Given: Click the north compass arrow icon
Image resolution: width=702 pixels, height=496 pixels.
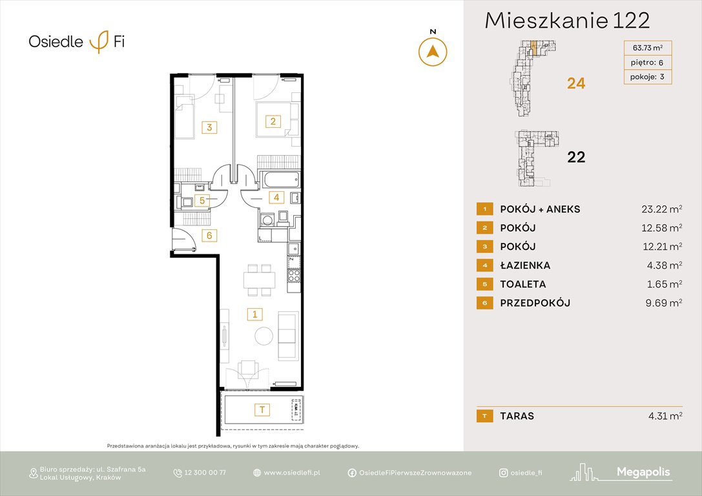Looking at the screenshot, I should coord(433,52).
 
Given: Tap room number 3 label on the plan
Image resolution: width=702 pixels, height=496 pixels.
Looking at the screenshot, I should coord(209,127).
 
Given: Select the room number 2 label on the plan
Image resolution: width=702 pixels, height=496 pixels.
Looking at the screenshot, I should coord(273,121).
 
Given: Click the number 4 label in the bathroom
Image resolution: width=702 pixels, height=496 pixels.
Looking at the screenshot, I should coord(276,197).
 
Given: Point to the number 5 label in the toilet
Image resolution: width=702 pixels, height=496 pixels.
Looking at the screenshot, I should coord(202,200).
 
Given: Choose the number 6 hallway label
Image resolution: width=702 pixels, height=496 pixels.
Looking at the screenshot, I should coord(209,235).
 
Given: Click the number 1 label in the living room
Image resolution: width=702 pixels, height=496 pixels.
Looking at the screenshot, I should coord(256,315).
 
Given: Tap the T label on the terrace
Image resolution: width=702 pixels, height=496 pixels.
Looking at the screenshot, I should coord(262,409).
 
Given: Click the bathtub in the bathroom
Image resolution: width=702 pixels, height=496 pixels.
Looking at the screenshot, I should coord(278,179).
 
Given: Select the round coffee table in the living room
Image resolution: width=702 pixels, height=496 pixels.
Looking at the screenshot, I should coord(263,336).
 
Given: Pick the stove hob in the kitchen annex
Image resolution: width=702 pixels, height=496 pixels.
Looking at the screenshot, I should coord(294,276).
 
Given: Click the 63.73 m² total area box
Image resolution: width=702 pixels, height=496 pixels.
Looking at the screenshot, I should coord(648,47).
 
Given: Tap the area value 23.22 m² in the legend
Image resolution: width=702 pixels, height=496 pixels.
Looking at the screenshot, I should coord(657,209).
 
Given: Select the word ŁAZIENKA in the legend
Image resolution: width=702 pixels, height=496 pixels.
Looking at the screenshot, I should coord(525,265).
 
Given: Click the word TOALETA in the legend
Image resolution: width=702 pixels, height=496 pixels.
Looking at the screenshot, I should coord(522,284).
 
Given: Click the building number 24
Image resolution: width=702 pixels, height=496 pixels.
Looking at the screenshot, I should coord(575,83).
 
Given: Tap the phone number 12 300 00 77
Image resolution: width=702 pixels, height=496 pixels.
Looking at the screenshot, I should coord(205,473).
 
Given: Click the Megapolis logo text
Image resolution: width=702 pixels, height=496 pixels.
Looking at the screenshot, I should coord(643,472).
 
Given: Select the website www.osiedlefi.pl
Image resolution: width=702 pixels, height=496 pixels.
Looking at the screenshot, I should coord(292,473).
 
